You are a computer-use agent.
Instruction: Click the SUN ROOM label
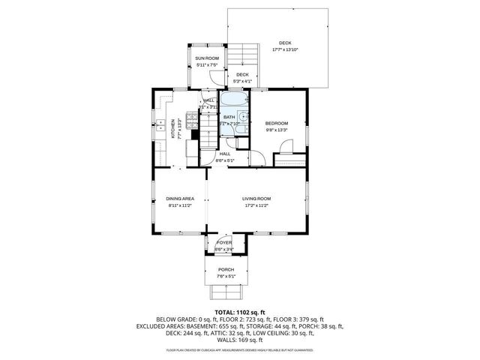coord(206,58)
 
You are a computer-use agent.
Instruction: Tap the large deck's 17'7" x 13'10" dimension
coord(284,49)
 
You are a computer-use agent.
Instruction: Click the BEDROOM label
coord(276,123)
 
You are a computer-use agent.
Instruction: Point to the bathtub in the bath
coord(234,100)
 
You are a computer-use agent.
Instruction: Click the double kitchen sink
coord(159,127)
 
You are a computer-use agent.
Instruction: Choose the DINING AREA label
coord(180,199)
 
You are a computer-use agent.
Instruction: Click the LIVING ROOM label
coord(256,199)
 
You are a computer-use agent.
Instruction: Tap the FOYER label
coord(224,243)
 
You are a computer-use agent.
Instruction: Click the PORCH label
coord(226,269)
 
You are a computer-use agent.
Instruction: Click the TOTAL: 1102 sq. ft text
coord(239,311)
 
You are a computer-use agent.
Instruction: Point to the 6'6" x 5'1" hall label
coord(225,160)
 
